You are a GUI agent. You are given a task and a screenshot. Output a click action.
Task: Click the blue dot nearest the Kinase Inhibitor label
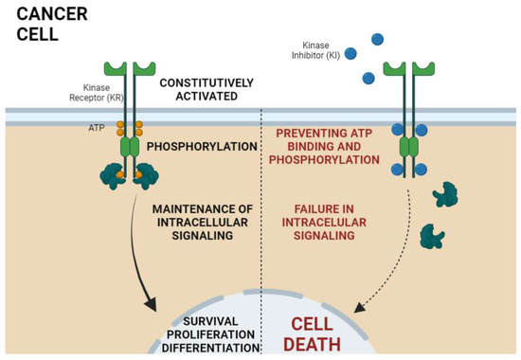click(350, 54)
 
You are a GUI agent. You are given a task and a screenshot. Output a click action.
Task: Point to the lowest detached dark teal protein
click(434, 232)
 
